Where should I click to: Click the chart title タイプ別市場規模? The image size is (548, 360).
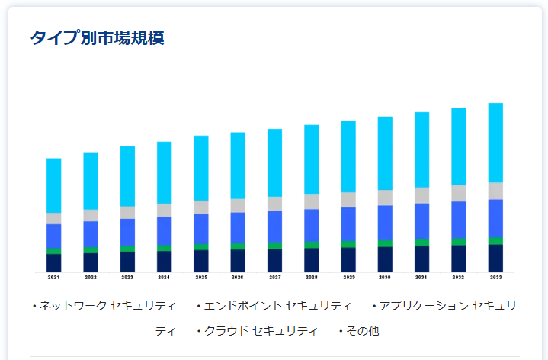coord(97,37)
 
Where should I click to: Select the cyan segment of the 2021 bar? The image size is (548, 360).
coord(53,185)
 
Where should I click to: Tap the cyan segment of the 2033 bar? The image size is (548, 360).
coord(495,143)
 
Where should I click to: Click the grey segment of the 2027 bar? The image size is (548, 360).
coord(274,204)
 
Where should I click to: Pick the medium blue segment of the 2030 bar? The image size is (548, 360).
coord(385,223)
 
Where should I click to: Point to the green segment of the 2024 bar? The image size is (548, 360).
coord(164,248)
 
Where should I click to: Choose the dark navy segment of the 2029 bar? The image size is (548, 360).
coord(348,260)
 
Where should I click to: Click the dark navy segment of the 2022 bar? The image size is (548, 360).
coord(91,262)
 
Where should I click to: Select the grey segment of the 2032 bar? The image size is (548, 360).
coord(459,193)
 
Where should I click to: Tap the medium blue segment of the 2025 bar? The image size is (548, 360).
coord(201,229)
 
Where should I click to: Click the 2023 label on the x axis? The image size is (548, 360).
coord(127,278)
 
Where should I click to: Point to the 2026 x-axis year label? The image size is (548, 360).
coord(238,278)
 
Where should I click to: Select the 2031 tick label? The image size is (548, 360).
coord(421,278)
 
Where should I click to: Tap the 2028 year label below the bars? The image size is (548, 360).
coord(312,278)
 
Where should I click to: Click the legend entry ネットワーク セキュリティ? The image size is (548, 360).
coord(107,306)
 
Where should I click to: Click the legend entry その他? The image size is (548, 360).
coord(362,331)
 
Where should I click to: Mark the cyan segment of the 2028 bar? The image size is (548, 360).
coord(312,159)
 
